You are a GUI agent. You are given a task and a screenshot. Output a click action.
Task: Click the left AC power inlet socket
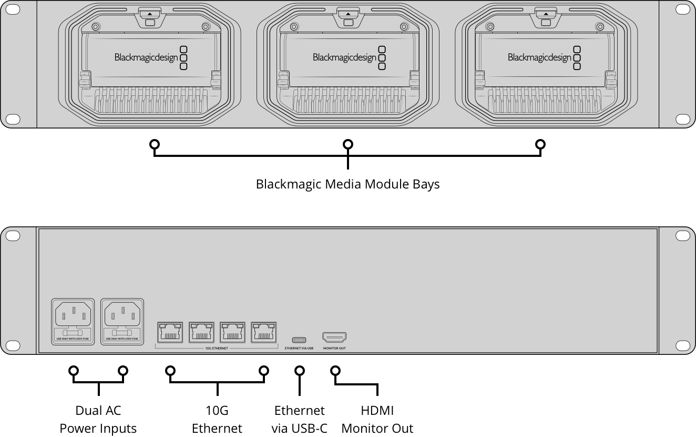73,315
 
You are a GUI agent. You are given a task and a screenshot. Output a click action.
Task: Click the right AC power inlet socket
122,315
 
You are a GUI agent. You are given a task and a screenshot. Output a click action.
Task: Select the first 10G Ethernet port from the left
170,332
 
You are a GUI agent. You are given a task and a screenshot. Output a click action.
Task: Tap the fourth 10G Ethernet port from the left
263,332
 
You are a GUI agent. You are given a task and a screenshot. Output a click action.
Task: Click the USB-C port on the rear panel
299,339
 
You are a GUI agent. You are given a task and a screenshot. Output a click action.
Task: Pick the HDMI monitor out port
334,337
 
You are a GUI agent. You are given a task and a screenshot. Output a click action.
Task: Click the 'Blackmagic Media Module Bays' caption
347,184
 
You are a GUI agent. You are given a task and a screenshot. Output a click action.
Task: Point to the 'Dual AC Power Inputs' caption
98,419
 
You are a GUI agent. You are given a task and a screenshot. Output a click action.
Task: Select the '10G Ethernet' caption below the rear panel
217,419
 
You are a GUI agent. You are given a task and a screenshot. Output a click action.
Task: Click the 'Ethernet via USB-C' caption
299,419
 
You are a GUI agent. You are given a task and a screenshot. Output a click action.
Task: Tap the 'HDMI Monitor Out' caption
377,419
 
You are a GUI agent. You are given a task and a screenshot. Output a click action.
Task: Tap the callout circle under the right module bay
540,144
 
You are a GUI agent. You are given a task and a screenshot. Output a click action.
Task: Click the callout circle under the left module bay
154,144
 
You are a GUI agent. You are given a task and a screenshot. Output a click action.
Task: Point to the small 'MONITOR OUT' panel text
334,349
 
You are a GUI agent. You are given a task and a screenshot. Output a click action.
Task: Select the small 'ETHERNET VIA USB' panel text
299,349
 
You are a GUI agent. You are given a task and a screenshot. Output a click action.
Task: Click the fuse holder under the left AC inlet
73,333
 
